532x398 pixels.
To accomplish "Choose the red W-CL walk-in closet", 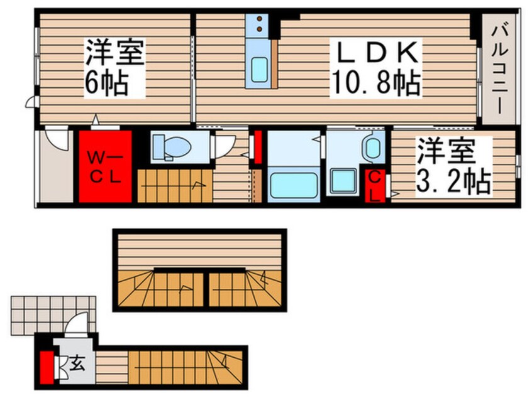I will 105,166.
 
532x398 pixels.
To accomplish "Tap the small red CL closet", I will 374,185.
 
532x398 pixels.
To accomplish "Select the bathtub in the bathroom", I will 293,186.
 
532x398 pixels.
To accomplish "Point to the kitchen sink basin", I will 260,70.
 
